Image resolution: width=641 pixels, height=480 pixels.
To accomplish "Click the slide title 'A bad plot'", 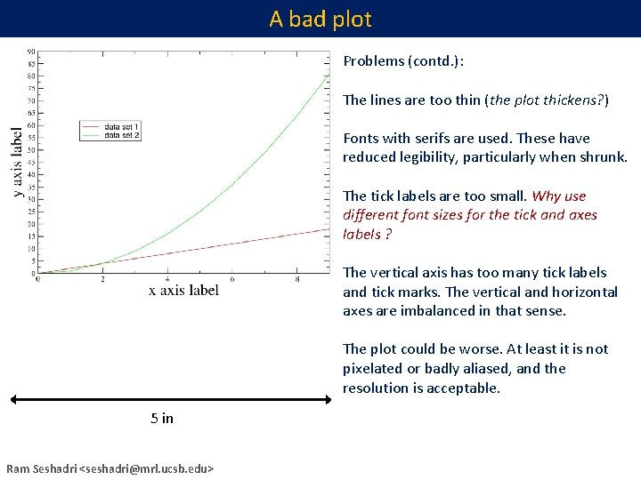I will click(x=320, y=19).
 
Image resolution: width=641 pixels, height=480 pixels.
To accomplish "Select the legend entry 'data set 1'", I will click(x=122, y=127).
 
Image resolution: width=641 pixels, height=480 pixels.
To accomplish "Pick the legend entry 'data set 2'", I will click(x=122, y=135).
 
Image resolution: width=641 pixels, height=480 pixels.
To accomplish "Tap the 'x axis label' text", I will click(x=183, y=290).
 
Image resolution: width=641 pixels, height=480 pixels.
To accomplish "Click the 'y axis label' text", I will click(x=18, y=162).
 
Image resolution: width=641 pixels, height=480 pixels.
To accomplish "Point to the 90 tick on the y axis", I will click(x=31, y=51).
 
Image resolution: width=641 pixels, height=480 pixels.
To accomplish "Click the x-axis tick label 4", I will click(x=167, y=279).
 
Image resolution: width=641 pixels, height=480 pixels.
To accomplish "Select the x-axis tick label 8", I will click(x=297, y=279).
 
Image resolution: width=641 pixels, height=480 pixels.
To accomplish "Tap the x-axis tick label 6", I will click(x=232, y=279).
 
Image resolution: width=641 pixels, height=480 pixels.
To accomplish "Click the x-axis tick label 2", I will click(x=102, y=279).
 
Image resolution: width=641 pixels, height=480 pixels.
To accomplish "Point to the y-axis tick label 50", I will click(x=31, y=149).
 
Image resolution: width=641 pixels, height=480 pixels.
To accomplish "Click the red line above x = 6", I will click(x=232, y=243).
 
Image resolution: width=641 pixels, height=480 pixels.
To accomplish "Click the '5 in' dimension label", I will click(x=162, y=419).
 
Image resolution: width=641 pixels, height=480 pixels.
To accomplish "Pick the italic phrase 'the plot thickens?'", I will click(x=546, y=100).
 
